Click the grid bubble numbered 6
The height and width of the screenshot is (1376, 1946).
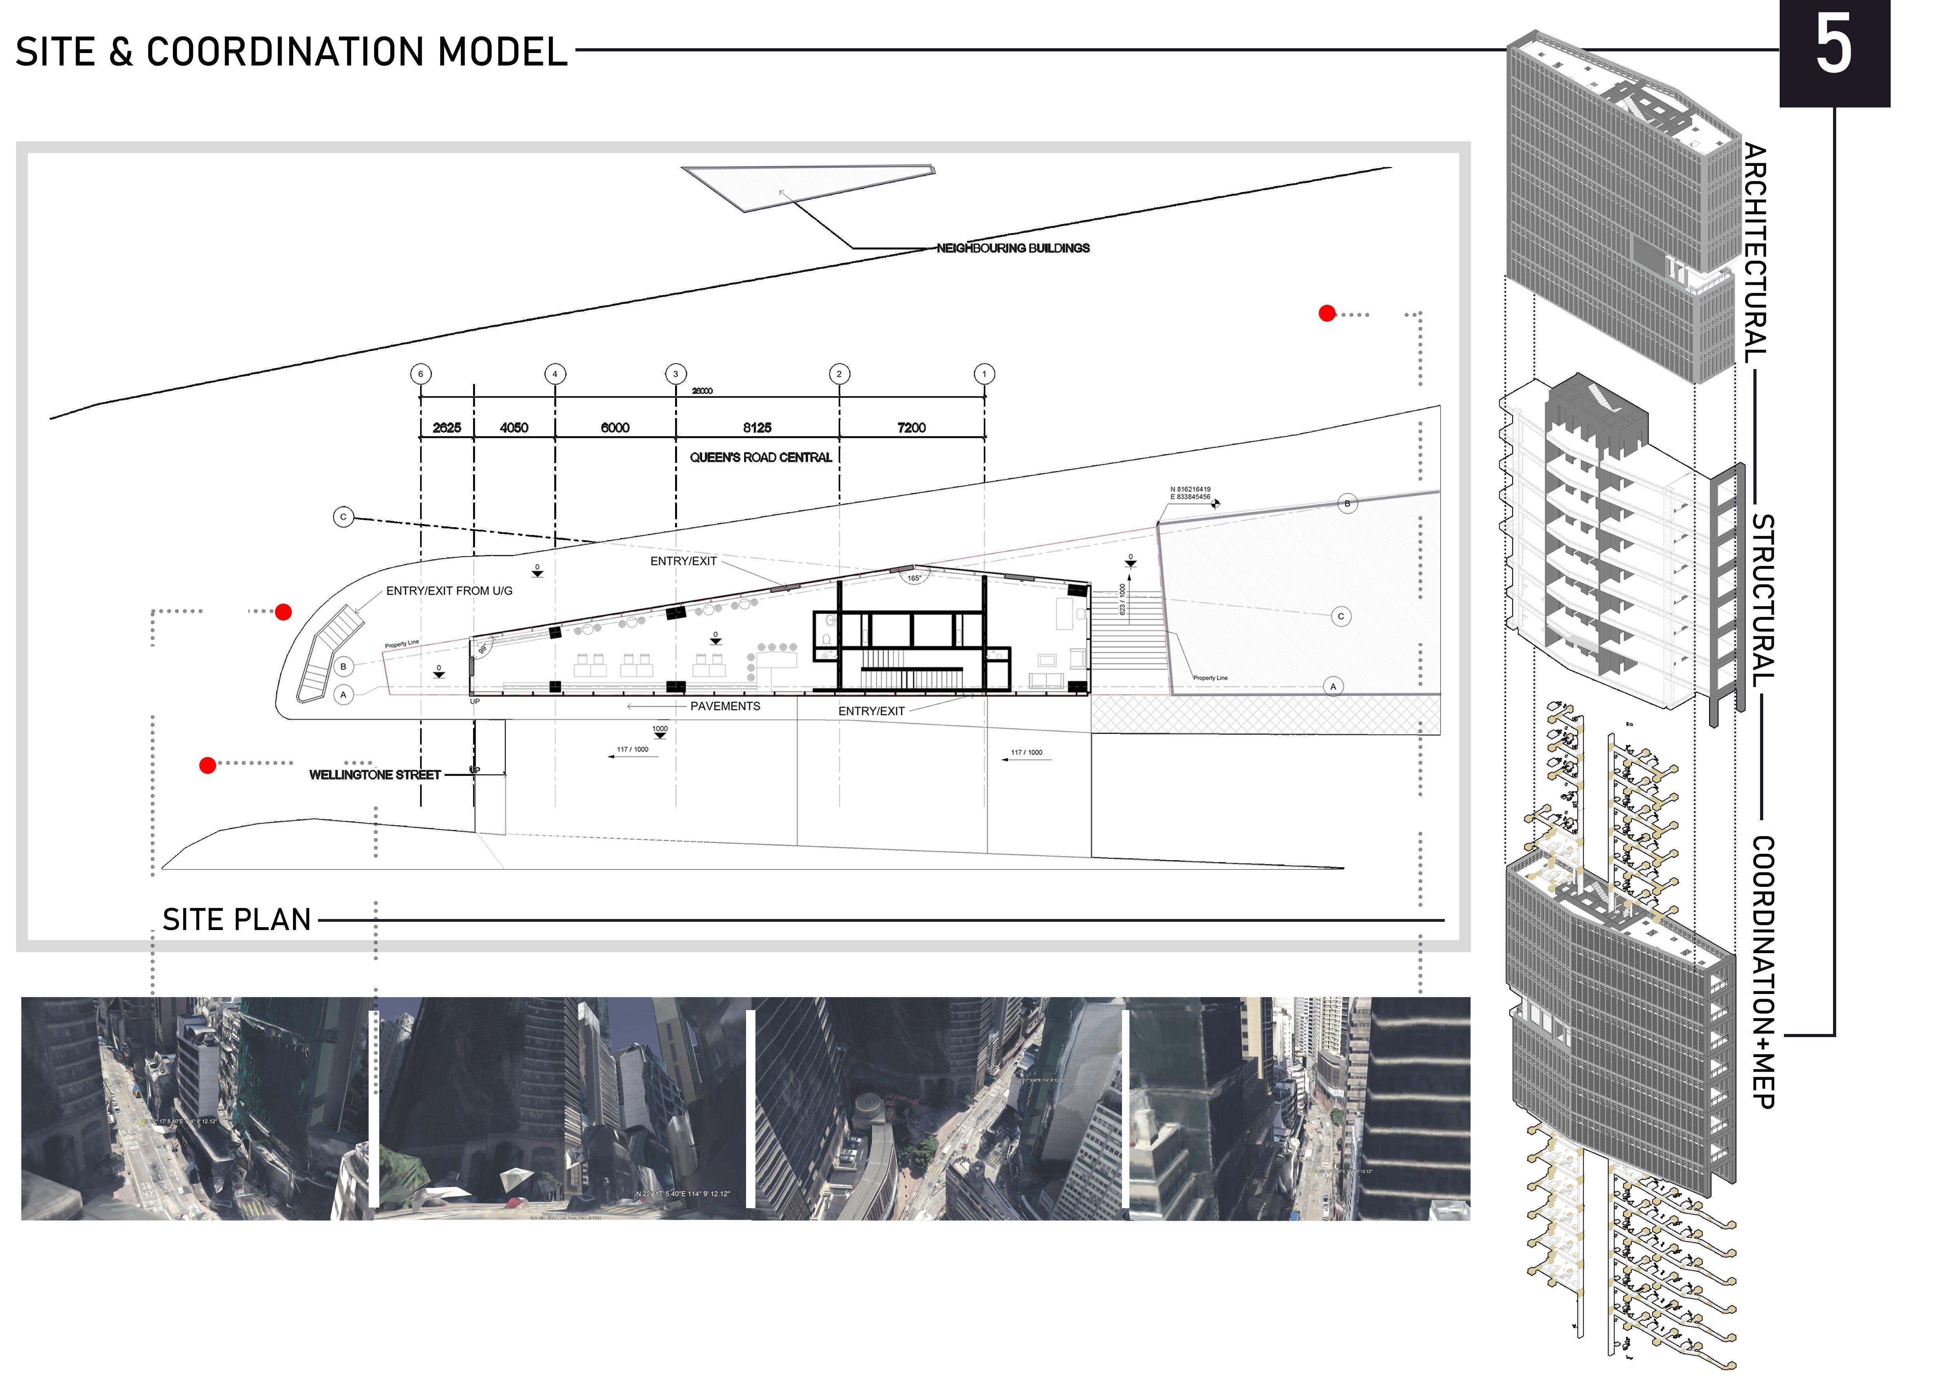(x=421, y=374)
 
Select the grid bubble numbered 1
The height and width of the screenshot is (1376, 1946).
(x=984, y=374)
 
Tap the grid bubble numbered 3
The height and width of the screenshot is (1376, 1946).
(x=675, y=374)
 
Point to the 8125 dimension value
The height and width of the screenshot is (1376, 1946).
(x=757, y=428)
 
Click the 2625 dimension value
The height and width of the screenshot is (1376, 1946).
(x=447, y=428)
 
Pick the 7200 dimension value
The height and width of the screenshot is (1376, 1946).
(x=911, y=428)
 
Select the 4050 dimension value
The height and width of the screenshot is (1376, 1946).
(x=513, y=428)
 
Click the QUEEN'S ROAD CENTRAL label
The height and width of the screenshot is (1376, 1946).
(x=760, y=457)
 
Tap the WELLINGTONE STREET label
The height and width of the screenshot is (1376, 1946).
(x=375, y=774)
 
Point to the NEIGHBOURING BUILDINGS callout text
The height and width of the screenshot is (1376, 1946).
(x=1013, y=248)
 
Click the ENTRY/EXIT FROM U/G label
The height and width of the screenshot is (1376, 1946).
(x=449, y=591)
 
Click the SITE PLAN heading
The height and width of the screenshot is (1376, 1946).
(x=237, y=920)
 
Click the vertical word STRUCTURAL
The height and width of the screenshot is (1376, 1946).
(x=1763, y=600)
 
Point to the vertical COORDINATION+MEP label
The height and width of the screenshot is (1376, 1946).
(x=1763, y=972)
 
